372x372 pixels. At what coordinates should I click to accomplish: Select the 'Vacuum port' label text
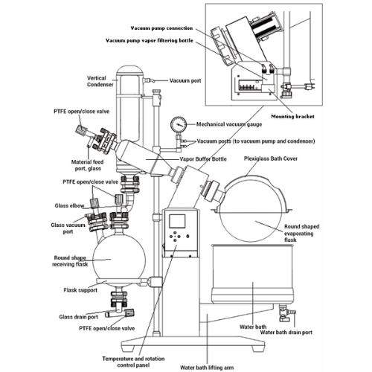185,80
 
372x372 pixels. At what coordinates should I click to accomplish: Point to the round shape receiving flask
124,259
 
